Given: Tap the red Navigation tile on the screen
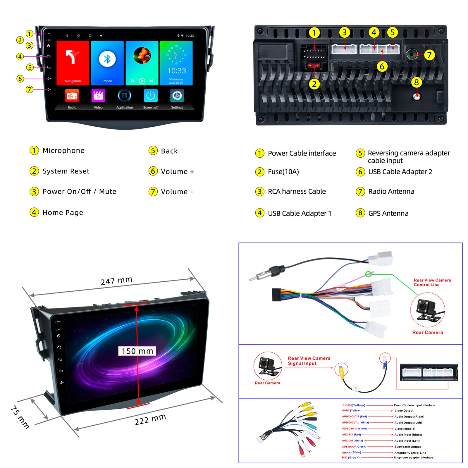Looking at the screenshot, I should (x=73, y=63).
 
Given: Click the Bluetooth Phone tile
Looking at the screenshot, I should (x=107, y=63).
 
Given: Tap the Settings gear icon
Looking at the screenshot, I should (x=177, y=96).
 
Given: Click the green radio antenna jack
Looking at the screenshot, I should (x=412, y=54).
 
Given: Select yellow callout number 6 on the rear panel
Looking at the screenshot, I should (x=382, y=67).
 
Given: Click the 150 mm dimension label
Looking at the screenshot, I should (x=137, y=351).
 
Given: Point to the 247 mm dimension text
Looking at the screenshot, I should (x=116, y=281).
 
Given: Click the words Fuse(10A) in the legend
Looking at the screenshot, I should (x=283, y=172).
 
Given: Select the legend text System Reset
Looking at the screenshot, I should (x=66, y=171).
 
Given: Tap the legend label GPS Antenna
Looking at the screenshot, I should (x=388, y=213).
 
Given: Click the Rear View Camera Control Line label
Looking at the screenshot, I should (x=432, y=282).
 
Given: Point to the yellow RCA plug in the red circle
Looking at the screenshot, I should (x=341, y=369).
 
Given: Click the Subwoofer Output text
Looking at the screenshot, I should (x=407, y=447).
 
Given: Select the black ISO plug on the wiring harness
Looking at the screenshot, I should (x=276, y=294).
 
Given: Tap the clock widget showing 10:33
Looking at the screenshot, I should (x=176, y=63).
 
